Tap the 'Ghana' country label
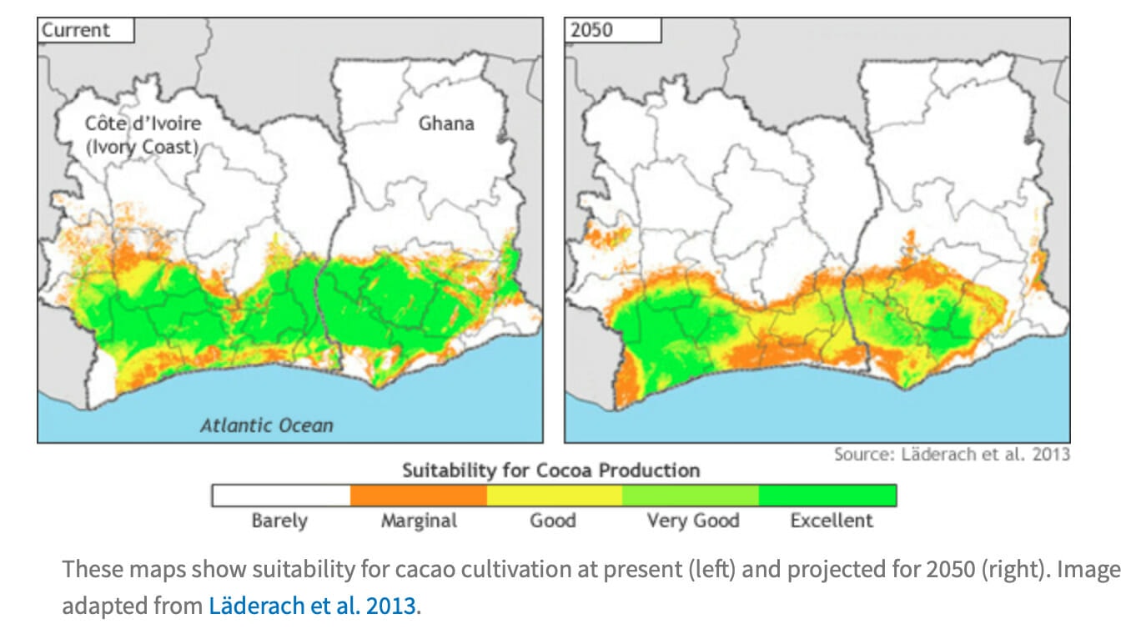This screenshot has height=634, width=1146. tap(446, 123)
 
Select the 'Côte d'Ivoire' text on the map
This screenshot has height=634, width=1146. tap(143, 123)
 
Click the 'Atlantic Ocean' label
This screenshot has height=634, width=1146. tap(266, 425)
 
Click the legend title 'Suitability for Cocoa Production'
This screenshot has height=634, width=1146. tap(550, 470)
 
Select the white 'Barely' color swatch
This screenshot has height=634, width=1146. tap(280, 496)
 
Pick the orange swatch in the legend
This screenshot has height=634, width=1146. tap(418, 496)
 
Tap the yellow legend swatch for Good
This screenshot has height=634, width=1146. tap(554, 496)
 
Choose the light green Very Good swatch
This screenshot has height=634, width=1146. tap(691, 496)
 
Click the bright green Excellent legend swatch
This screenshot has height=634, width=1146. tap(827, 496)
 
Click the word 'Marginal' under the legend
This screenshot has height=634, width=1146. tap(419, 521)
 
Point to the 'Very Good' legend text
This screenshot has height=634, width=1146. tap(692, 521)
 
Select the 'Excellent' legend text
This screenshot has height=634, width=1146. tap(831, 521)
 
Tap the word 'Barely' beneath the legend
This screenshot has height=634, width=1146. tap(279, 521)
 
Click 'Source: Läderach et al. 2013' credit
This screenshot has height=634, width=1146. tap(951, 455)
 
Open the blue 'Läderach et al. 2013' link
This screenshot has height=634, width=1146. tap(311, 606)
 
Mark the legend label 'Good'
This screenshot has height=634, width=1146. tap(553, 521)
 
